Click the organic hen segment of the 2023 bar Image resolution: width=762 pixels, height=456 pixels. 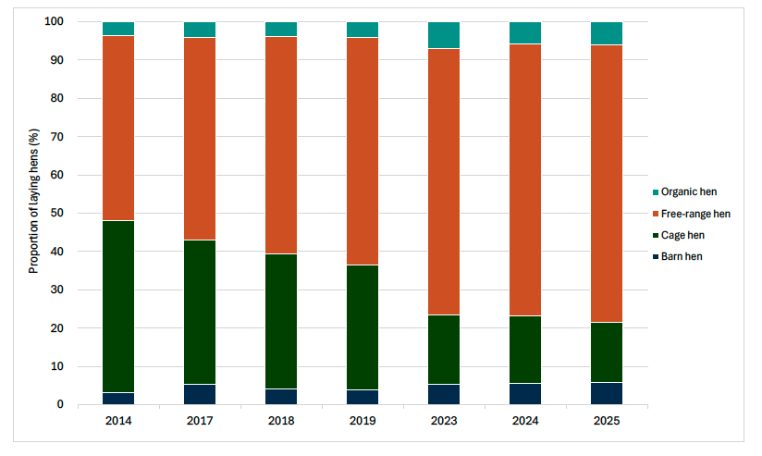444,35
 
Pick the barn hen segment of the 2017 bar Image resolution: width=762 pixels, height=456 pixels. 200,395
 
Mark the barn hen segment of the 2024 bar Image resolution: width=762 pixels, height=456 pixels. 525,394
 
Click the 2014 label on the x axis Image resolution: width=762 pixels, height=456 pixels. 118,420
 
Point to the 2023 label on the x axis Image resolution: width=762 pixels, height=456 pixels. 444,420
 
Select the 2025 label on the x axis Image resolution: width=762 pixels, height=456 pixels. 607,420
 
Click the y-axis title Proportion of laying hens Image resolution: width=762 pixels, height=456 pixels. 33,213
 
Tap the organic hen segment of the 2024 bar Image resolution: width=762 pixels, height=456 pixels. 525,32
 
